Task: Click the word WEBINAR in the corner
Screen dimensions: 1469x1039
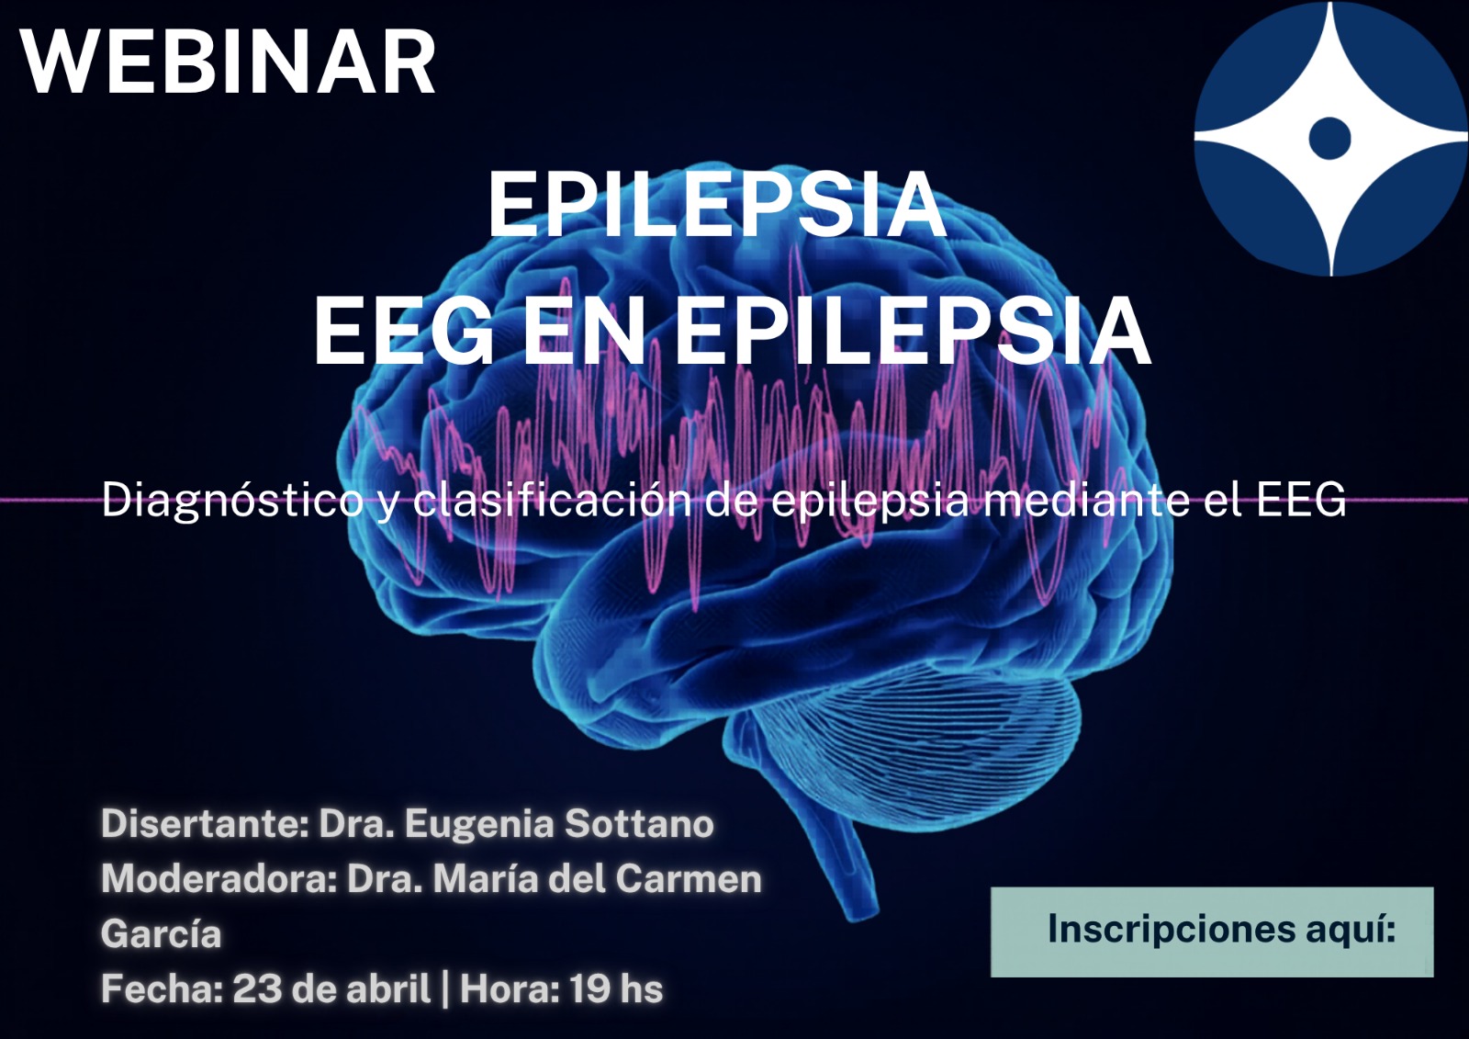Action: (x=229, y=62)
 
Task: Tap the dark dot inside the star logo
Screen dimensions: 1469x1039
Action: (x=1330, y=139)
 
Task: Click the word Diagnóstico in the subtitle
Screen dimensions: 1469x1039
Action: (x=233, y=501)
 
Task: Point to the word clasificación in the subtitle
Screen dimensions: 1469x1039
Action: (x=554, y=499)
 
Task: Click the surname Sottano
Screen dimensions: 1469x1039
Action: (x=639, y=824)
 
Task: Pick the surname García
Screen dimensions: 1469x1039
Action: (x=162, y=934)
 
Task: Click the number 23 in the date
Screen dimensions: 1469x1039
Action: (x=257, y=988)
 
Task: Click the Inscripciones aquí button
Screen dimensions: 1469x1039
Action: (x=1212, y=932)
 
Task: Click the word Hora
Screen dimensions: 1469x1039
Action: (x=505, y=988)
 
